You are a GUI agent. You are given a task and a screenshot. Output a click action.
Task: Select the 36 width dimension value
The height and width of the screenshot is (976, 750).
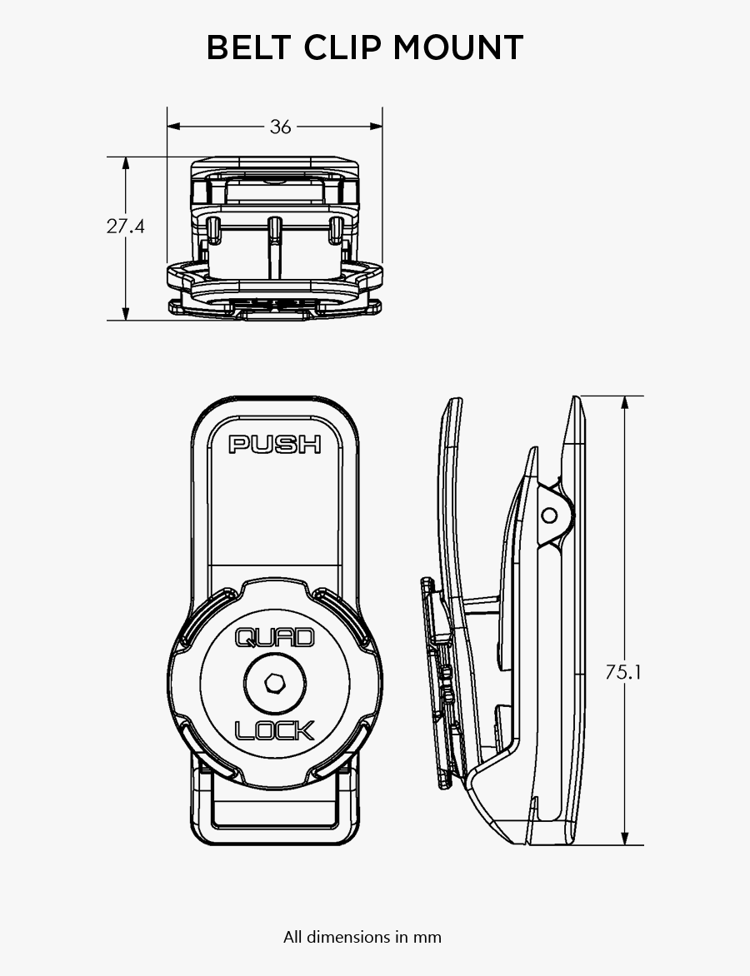pyautogui.click(x=281, y=127)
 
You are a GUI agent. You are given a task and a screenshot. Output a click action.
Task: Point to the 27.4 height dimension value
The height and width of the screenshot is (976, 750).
pyautogui.click(x=125, y=226)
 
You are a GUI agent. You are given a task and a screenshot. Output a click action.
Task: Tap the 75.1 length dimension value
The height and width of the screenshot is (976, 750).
pyautogui.click(x=623, y=671)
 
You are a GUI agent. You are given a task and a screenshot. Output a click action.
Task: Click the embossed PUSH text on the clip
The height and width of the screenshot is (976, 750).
pyautogui.click(x=275, y=445)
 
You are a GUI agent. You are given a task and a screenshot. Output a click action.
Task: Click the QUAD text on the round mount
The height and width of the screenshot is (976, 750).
pyautogui.click(x=275, y=638)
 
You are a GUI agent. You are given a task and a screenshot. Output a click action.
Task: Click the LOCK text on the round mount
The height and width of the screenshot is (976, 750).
pyautogui.click(x=275, y=730)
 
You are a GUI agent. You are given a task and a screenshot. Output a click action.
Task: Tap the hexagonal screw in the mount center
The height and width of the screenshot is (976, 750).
pyautogui.click(x=275, y=684)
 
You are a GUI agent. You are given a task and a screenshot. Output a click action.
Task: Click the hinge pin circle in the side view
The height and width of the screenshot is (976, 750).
pyautogui.click(x=549, y=515)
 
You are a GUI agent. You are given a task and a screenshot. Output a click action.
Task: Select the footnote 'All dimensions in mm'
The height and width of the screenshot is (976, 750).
pyautogui.click(x=362, y=937)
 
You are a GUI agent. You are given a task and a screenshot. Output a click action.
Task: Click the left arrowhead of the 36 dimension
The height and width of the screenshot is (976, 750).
pyautogui.click(x=173, y=127)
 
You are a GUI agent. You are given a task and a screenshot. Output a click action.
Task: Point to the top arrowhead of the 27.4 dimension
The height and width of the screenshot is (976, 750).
pyautogui.click(x=126, y=163)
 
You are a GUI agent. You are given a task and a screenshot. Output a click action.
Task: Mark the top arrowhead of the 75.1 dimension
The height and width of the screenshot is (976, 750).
pyautogui.click(x=624, y=402)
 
